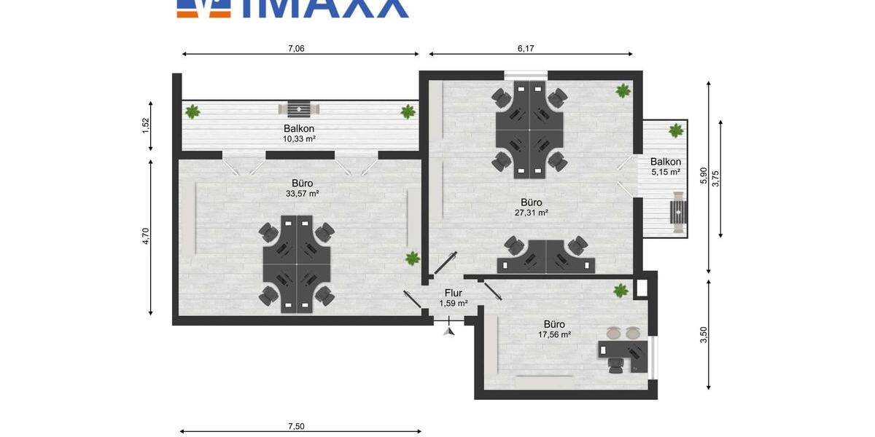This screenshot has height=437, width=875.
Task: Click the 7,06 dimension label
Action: (x=296, y=49)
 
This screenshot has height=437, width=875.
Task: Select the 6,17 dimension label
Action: (x=526, y=49)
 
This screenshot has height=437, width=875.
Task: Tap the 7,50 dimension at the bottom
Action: (x=296, y=426)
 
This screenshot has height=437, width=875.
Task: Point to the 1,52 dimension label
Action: (x=145, y=126)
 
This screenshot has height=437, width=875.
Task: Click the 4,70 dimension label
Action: (x=145, y=237)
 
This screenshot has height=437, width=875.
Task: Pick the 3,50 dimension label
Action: (x=703, y=334)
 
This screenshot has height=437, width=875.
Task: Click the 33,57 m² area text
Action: (x=303, y=194)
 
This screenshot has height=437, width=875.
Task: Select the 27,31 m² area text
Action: (x=531, y=213)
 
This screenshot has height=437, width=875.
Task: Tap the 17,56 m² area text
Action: (x=554, y=334)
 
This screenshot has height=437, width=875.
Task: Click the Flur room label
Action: (x=453, y=293)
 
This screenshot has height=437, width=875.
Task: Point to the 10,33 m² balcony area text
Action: (x=299, y=138)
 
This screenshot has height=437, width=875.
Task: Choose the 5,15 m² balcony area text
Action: (x=665, y=173)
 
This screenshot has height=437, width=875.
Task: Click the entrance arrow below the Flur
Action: (x=449, y=331)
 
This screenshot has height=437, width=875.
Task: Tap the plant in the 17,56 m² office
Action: (x=621, y=291)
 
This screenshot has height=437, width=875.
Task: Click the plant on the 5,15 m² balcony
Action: (x=675, y=130)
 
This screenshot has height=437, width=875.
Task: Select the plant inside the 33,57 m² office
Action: (x=413, y=258)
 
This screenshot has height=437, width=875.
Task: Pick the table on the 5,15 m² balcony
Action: (x=679, y=213)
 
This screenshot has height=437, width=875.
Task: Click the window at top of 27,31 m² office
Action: (x=525, y=74)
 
